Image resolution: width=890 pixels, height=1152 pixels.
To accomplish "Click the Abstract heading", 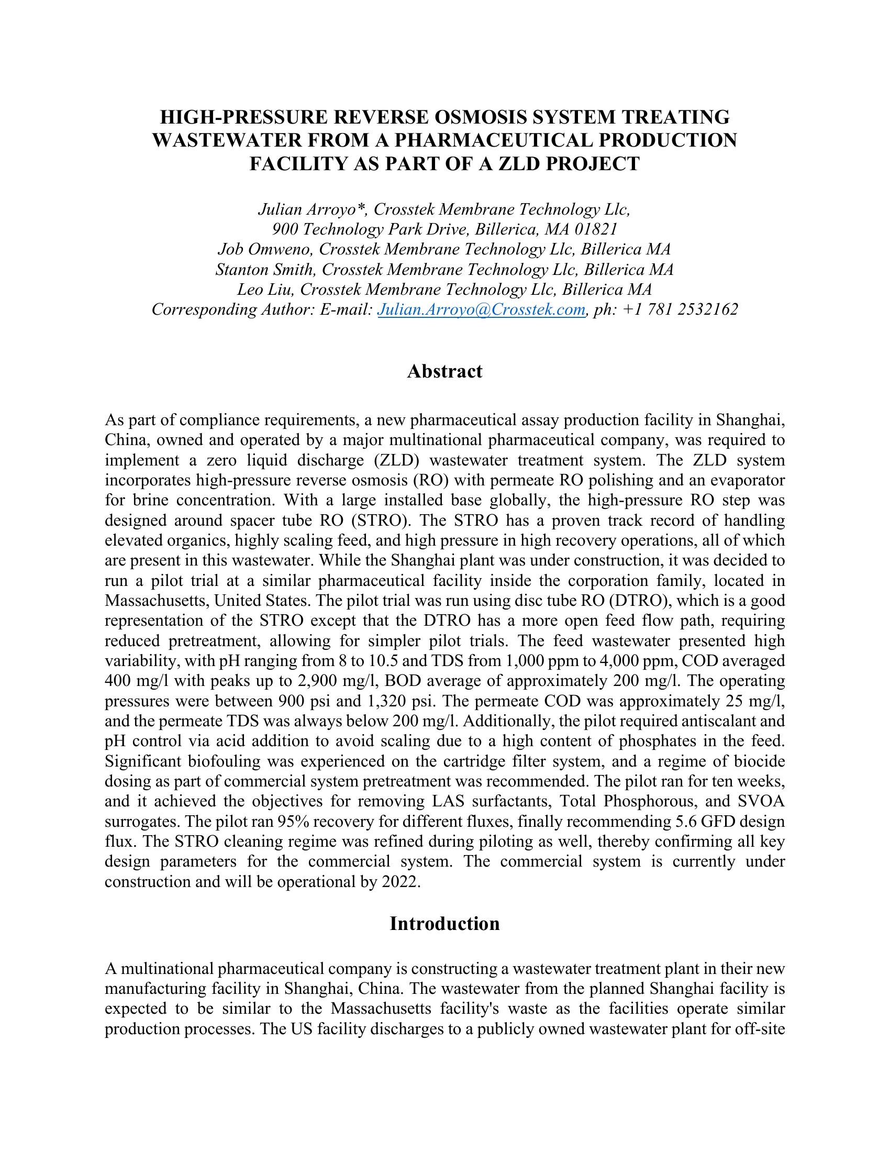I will [444, 372].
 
